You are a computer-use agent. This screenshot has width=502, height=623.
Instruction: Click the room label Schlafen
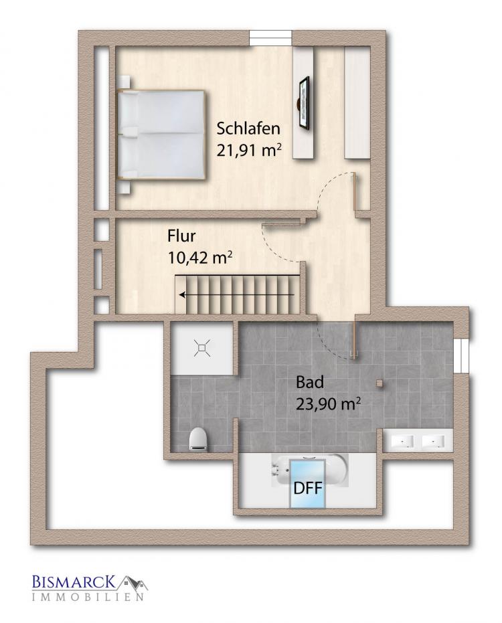coord(248,128)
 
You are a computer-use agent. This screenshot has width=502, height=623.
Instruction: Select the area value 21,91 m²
coord(250,151)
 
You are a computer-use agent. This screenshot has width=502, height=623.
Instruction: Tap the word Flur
coord(181,236)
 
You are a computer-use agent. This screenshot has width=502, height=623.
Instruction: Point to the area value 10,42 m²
coord(200,258)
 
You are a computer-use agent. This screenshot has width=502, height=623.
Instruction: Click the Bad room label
coord(310,382)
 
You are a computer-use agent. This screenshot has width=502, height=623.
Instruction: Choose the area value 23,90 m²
coord(328,404)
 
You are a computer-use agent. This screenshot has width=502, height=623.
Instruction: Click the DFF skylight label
coord(308,488)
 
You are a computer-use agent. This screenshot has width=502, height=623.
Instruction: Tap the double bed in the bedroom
coord(161,135)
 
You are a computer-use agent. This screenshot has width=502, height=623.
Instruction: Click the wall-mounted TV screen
coord(304,102)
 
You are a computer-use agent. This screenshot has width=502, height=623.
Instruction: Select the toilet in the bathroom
coord(198,440)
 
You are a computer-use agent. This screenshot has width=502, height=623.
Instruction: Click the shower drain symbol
coord(202,349)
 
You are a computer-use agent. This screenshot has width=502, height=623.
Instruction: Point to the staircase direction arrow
coord(237,295)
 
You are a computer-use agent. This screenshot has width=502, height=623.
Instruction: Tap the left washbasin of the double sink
coord(403,441)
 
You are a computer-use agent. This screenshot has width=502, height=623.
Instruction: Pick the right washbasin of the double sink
coord(433,441)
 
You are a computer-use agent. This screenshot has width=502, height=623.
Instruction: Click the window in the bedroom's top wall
coord(270,37)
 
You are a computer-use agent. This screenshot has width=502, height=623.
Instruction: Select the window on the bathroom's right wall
coord(462,355)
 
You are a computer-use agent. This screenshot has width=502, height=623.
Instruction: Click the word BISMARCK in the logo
coord(74,582)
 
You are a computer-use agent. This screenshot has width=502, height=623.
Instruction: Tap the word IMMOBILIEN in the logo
coord(88,597)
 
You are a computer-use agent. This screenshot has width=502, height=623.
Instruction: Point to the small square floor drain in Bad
coord(380,383)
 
